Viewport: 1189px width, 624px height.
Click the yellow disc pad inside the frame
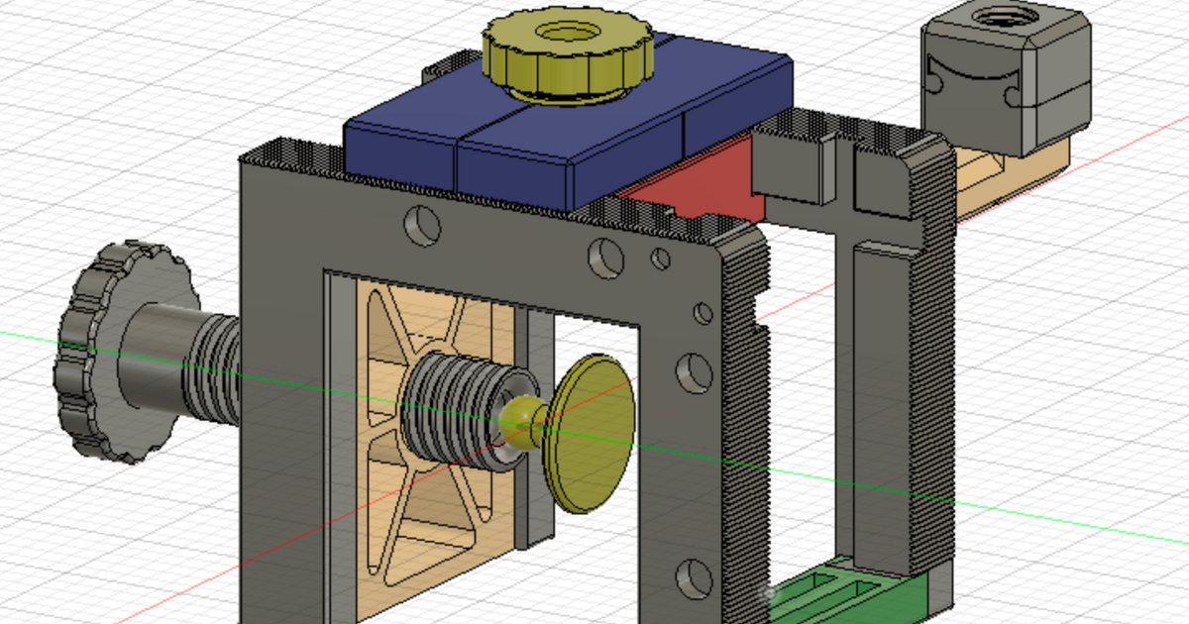coord(592,432)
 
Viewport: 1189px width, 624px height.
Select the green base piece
coord(852,594)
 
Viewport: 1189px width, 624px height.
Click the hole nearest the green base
coord(693,575)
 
